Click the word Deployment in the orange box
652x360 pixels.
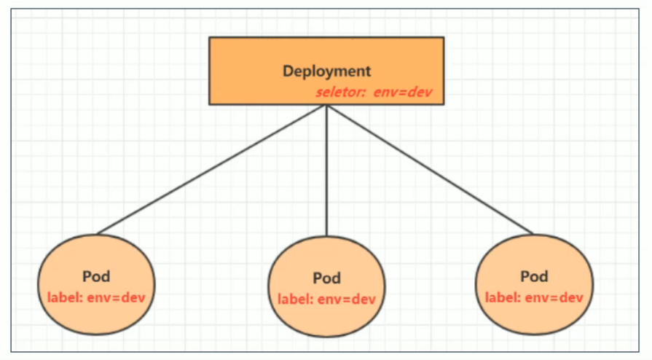click(x=326, y=71)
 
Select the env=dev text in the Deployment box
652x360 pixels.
click(x=406, y=93)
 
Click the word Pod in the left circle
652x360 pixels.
click(x=97, y=277)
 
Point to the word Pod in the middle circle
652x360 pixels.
click(x=326, y=279)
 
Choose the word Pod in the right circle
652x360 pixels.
click(x=534, y=277)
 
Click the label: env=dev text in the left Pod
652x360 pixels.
click(x=97, y=297)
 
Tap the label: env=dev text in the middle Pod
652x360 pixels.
click(x=326, y=299)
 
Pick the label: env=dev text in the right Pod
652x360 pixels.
click(x=534, y=297)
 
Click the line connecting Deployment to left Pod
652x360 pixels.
click(x=211, y=170)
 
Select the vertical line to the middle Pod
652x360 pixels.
click(x=326, y=171)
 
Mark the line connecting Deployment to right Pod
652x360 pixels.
click(x=430, y=170)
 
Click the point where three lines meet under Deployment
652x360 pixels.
click(x=326, y=106)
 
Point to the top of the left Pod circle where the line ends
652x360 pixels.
click(x=97, y=235)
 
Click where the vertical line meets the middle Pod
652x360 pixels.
click(x=326, y=236)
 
